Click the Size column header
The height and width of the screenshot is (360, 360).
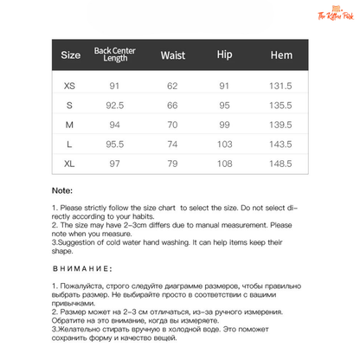pyautogui.click(x=71, y=56)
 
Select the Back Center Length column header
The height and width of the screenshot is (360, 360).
pyautogui.click(x=114, y=56)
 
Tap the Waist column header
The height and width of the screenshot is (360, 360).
pyautogui.click(x=173, y=56)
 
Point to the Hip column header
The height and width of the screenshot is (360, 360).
pyautogui.click(x=226, y=56)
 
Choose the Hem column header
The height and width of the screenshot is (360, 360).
pyautogui.click(x=281, y=56)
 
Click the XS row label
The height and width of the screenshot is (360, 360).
pyautogui.click(x=70, y=86)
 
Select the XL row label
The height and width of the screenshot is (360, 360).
pyautogui.click(x=70, y=163)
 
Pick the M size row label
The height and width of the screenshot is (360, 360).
pyautogui.click(x=70, y=125)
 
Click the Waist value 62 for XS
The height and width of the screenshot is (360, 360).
pyautogui.click(x=173, y=86)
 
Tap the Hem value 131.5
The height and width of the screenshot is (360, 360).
pyautogui.click(x=281, y=86)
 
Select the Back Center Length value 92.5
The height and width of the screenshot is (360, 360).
pyautogui.click(x=114, y=105)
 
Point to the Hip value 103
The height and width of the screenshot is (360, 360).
pyautogui.click(x=226, y=144)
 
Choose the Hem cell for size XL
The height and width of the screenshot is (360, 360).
pyautogui.click(x=281, y=163)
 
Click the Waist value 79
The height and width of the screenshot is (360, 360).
pyautogui.click(x=173, y=163)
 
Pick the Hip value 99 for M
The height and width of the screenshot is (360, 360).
pyautogui.click(x=226, y=125)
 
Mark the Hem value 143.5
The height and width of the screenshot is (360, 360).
pyautogui.click(x=281, y=144)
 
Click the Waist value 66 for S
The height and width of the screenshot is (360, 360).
pyautogui.click(x=173, y=105)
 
